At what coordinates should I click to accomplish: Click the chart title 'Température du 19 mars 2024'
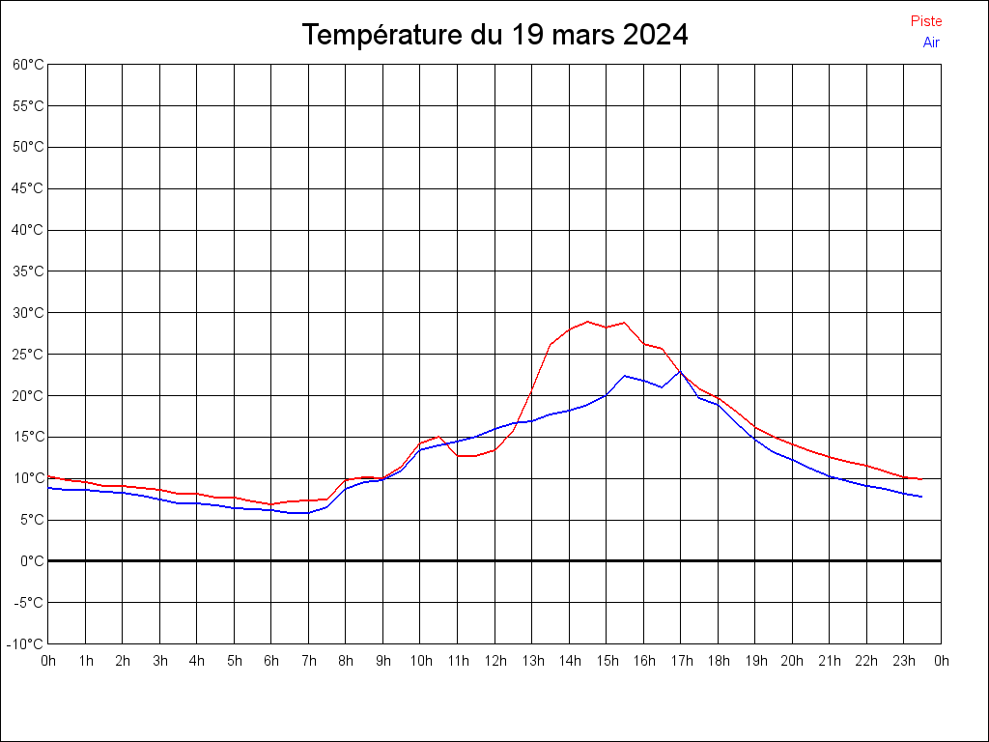[x=494, y=35]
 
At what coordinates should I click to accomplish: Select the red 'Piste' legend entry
[x=925, y=21]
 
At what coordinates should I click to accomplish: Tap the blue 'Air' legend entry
[x=931, y=43]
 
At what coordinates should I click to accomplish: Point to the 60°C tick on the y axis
[x=28, y=65]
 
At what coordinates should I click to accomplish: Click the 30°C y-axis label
[x=28, y=313]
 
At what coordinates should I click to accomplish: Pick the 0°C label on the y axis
[x=32, y=561]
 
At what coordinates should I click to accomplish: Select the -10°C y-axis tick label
[x=26, y=644]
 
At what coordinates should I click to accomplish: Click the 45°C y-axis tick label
[x=28, y=188]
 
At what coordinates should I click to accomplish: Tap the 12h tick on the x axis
[x=494, y=661]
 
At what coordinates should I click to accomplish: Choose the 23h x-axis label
[x=904, y=661]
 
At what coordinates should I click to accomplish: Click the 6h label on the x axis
[x=271, y=661]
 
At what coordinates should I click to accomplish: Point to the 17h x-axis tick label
[x=681, y=661]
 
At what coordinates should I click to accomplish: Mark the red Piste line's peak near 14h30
[x=587, y=322]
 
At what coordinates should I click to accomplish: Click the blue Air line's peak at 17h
[x=680, y=371]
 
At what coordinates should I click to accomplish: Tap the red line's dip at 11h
[x=459, y=456]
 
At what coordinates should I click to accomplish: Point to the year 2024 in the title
[x=655, y=35]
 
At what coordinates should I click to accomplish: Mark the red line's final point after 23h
[x=921, y=479]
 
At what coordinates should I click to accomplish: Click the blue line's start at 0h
[x=48, y=488]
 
